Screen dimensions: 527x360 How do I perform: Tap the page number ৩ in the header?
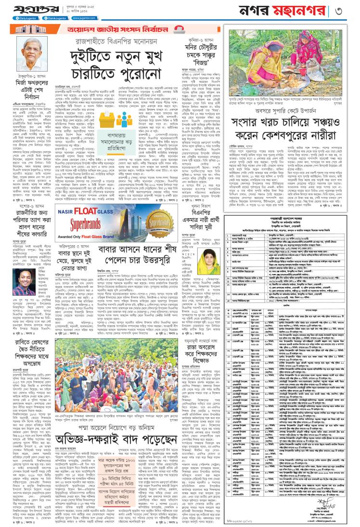353,10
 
